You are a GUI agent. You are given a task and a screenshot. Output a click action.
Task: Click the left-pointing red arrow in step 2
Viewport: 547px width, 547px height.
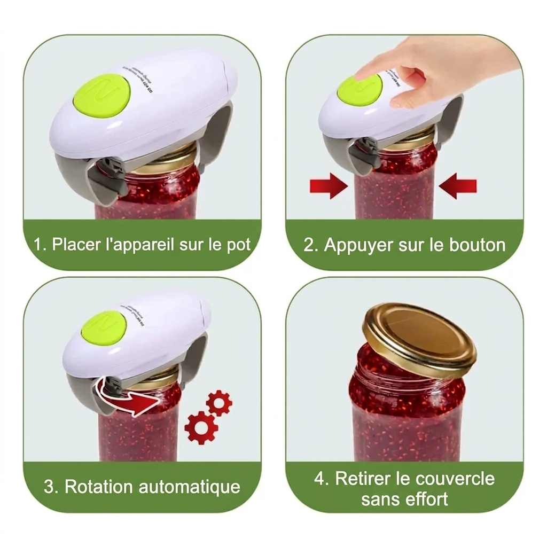[457, 186]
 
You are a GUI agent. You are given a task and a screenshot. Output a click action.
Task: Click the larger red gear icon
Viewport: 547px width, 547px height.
[201, 427]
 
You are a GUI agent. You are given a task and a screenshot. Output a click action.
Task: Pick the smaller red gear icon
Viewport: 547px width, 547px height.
[219, 403]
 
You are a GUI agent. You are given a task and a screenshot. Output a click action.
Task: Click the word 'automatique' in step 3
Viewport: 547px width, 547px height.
[189, 487]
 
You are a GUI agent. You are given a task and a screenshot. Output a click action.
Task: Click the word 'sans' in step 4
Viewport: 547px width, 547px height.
[377, 499]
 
